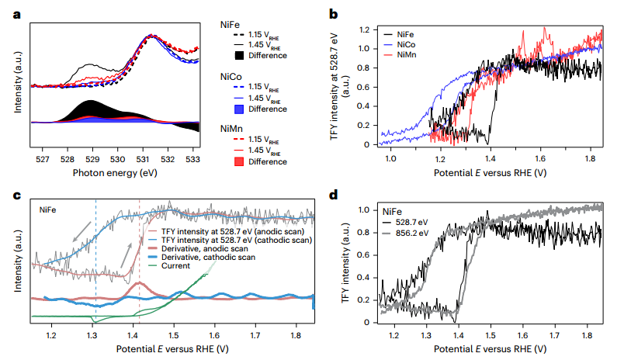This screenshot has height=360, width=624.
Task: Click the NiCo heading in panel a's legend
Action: [x=232, y=77]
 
